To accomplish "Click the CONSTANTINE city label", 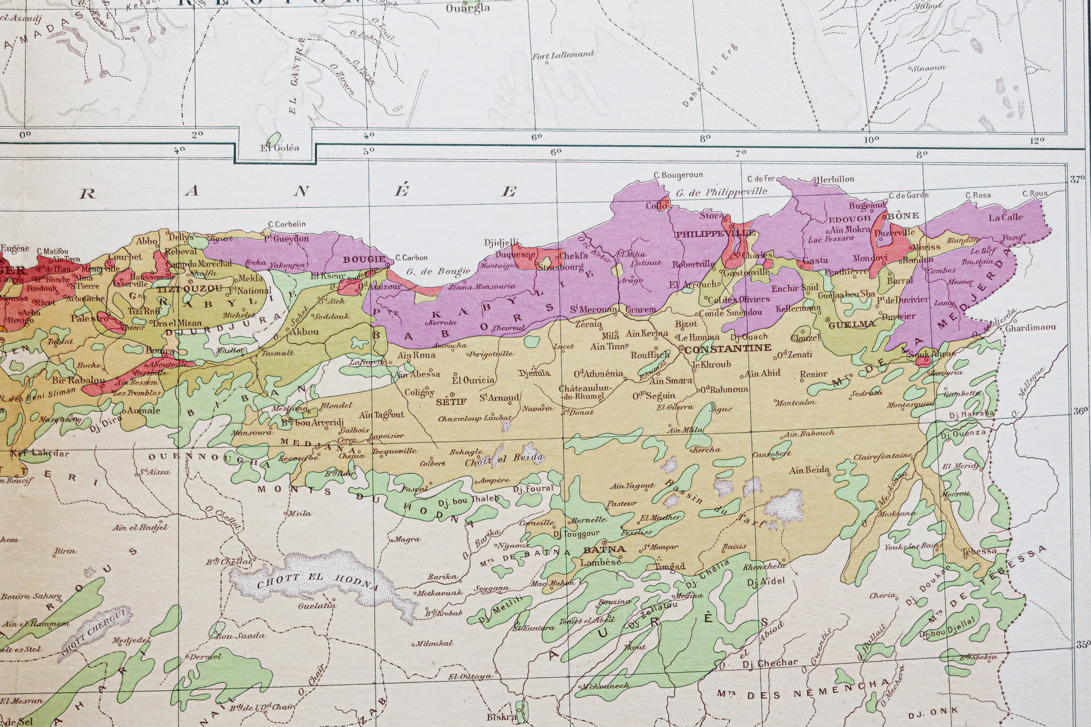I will pyautogui.click(x=728, y=348).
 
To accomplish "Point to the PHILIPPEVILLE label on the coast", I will pyautogui.click(x=714, y=234).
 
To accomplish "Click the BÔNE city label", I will pyautogui.click(x=904, y=216).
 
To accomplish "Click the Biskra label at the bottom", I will pyautogui.click(x=502, y=717).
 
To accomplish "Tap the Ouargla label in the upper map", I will pyautogui.click(x=468, y=9).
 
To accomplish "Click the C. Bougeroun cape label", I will pyautogui.click(x=678, y=175).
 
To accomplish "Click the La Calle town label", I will pyautogui.click(x=1005, y=217).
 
